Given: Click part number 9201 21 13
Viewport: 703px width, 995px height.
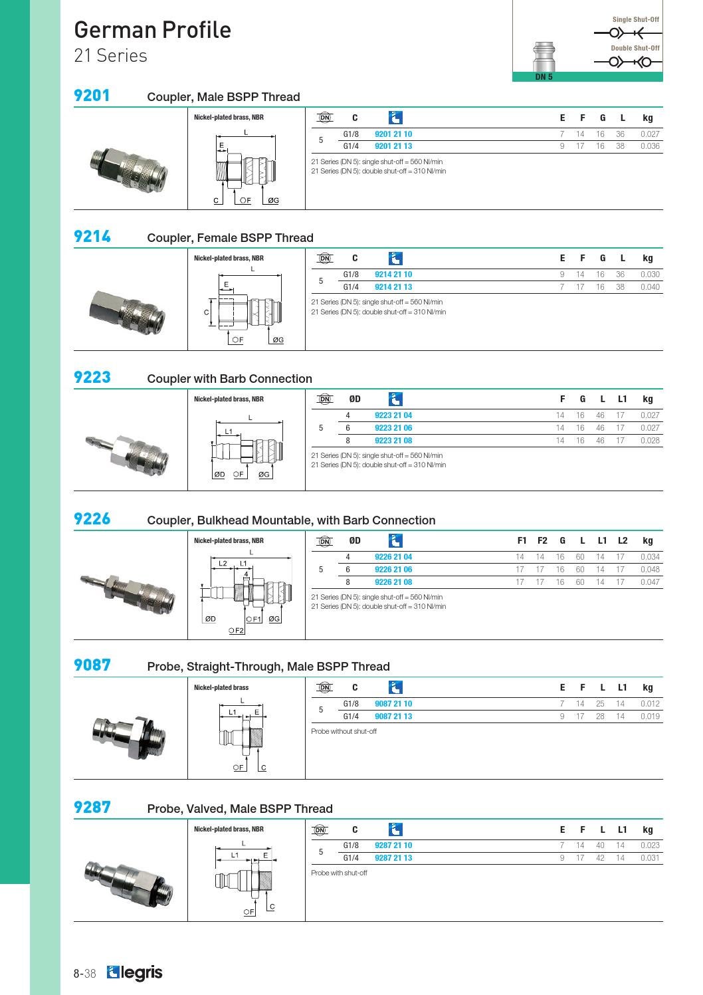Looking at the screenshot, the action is [x=393, y=146].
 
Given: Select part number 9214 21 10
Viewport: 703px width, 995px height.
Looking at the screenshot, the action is [x=393, y=275].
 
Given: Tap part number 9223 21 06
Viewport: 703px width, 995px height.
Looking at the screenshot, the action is [x=393, y=428].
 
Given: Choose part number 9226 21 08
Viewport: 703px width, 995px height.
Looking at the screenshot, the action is [x=393, y=582].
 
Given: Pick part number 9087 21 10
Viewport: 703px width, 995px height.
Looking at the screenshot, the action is [x=393, y=704].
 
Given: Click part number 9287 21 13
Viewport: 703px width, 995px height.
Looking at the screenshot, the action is [x=393, y=857].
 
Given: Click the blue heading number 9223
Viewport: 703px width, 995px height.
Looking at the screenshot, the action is [x=92, y=377].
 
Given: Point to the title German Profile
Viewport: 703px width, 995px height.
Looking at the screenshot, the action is [x=152, y=30].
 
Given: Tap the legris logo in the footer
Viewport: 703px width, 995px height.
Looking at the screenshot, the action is [x=135, y=973].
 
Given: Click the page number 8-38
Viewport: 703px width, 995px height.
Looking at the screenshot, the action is [x=84, y=974].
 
